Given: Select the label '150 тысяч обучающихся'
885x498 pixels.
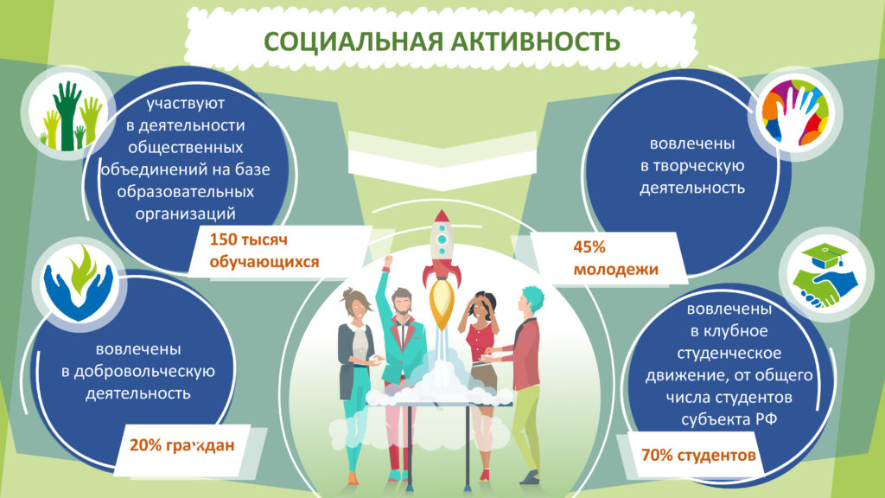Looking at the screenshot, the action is click(264, 250).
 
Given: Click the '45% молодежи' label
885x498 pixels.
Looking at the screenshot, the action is click(615, 258).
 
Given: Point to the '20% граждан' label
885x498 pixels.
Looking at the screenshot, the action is click(181, 445).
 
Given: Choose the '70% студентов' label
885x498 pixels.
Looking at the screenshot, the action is click(698, 455).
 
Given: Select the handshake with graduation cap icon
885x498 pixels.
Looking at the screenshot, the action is click(825, 276).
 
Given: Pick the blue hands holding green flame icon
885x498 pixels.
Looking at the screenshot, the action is click(80, 284).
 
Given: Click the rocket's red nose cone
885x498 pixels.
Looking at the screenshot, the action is click(442, 219).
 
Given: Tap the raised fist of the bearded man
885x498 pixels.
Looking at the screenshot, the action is click(387, 261).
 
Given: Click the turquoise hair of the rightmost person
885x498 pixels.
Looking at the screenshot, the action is click(532, 297).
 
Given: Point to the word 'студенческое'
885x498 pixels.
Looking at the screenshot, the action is click(729, 354).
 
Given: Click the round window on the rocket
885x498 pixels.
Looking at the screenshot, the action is click(442, 239).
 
